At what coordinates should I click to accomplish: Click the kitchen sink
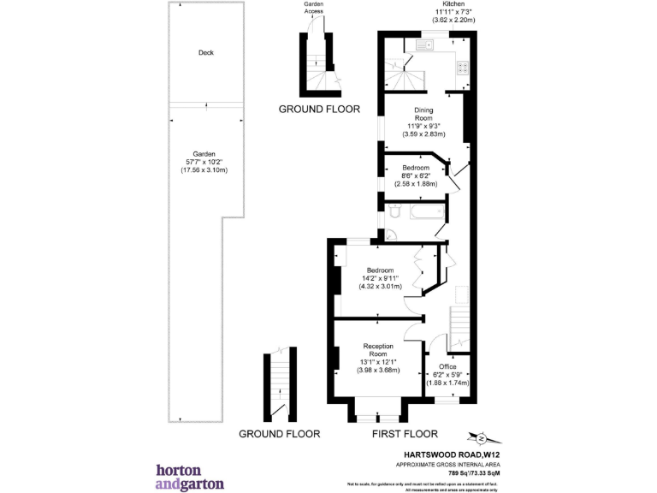423,43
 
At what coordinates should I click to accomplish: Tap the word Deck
205,52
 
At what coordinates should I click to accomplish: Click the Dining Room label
423,115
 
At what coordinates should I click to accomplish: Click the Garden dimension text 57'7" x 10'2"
205,162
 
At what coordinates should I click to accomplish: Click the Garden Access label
313,8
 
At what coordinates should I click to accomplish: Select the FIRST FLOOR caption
405,434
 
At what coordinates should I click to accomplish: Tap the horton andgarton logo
190,477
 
